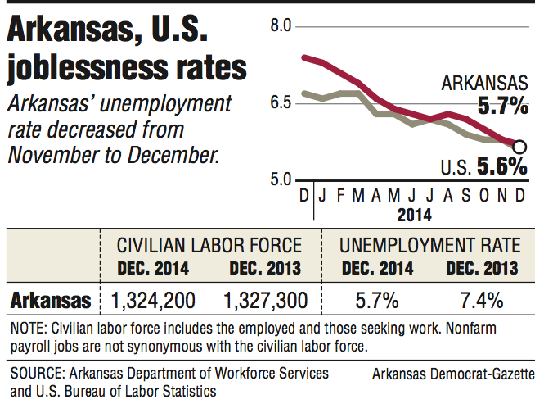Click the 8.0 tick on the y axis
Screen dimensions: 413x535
[x=280, y=27]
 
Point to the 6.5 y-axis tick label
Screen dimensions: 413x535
[x=280, y=102]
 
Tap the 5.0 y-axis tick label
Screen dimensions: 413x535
[x=280, y=179]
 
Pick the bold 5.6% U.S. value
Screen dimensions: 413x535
[x=503, y=166]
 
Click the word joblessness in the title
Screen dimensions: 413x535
[x=82, y=68]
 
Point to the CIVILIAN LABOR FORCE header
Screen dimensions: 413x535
[x=209, y=245]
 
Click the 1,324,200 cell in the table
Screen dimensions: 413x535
[x=152, y=301]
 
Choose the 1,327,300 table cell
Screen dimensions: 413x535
[x=263, y=301]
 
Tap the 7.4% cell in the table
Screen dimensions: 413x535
[x=481, y=301]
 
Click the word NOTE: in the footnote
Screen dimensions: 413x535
[x=29, y=330]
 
